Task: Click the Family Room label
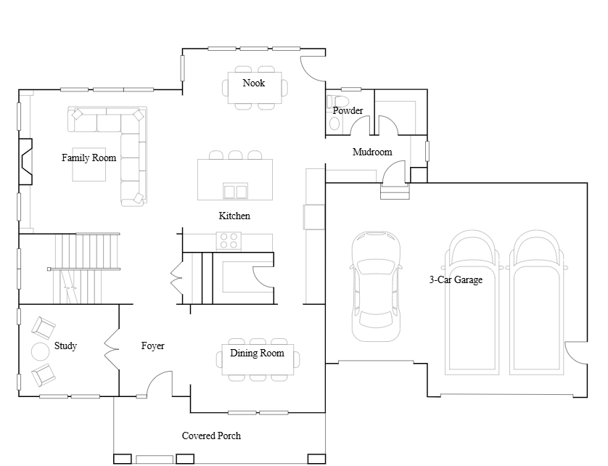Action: [89, 158]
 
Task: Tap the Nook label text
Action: [254, 83]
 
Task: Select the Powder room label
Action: [348, 110]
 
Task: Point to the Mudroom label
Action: [372, 152]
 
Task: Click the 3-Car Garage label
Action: [456, 279]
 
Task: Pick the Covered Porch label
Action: [211, 436]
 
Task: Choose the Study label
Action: [65, 346]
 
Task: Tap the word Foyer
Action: [153, 346]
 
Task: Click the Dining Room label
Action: [257, 353]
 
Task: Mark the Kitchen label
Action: [234, 216]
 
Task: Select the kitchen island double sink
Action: [235, 191]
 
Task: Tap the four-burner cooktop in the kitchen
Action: [229, 240]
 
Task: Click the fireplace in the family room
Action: [25, 161]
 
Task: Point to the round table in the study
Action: [41, 352]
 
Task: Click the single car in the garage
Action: [376, 287]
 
